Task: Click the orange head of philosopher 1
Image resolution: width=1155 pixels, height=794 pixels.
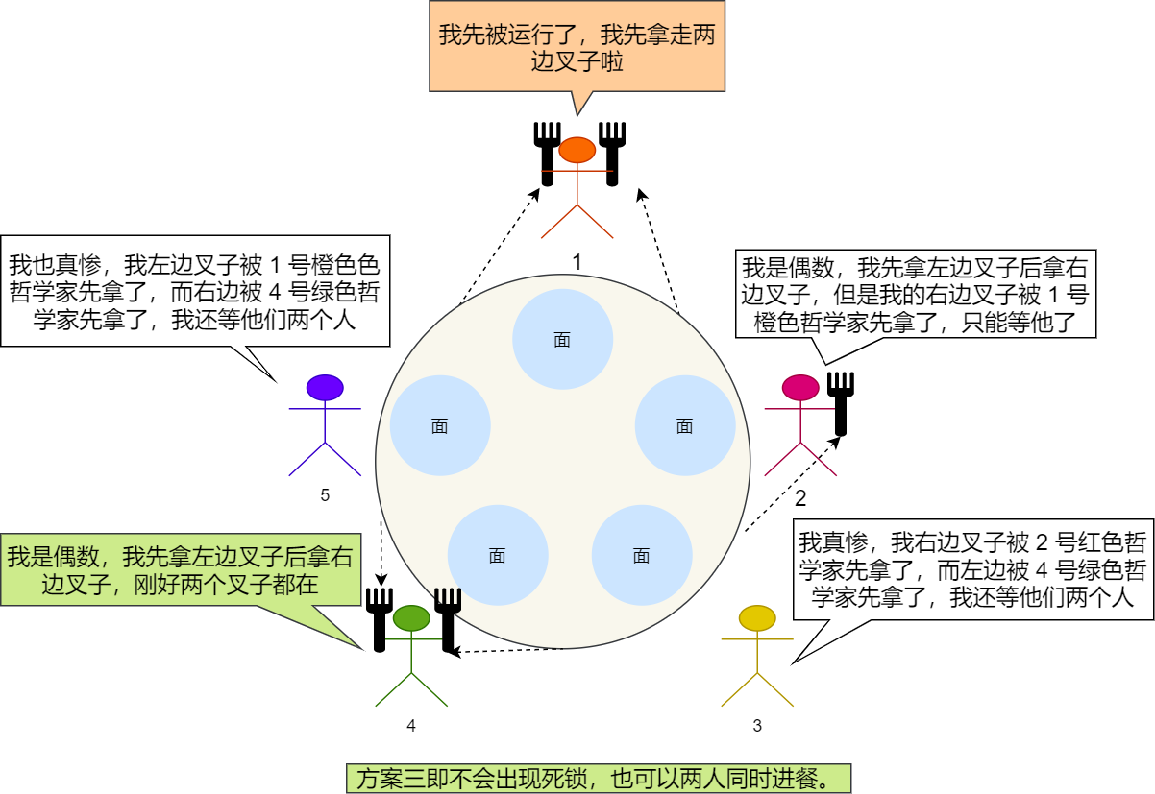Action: tap(577, 150)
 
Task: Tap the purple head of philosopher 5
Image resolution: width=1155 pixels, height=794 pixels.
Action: tap(325, 387)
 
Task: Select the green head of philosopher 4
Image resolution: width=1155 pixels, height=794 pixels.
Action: tap(410, 618)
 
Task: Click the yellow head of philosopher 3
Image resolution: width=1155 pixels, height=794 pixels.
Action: tap(757, 617)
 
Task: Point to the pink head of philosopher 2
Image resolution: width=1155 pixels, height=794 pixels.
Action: tap(799, 387)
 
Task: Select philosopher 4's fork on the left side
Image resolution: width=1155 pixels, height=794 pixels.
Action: tap(380, 618)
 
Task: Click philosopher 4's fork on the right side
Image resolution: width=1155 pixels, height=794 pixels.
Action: tap(448, 618)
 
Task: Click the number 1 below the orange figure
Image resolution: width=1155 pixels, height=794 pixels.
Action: tap(577, 261)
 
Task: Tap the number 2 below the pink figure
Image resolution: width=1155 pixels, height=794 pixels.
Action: tap(800, 498)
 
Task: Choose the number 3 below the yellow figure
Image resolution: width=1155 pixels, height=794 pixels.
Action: tap(757, 726)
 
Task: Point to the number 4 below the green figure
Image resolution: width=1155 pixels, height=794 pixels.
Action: tap(411, 726)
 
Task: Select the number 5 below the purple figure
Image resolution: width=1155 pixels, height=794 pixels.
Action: tap(325, 495)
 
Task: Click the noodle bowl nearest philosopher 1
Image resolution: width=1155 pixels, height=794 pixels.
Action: tap(562, 339)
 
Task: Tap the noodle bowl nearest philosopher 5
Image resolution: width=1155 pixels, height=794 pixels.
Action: tap(440, 426)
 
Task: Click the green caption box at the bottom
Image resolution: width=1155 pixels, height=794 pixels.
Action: tap(599, 778)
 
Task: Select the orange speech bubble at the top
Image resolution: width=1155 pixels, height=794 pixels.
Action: tap(576, 48)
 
